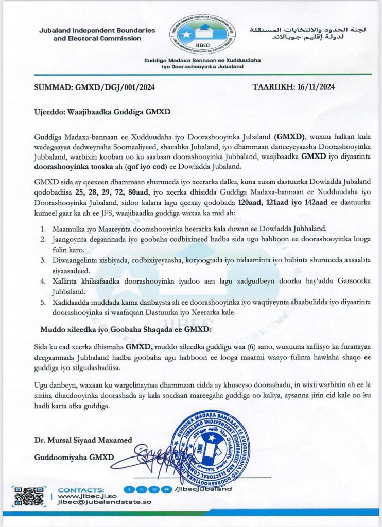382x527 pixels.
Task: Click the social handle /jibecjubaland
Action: click(x=203, y=489)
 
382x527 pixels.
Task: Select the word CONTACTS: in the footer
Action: click(x=81, y=489)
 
